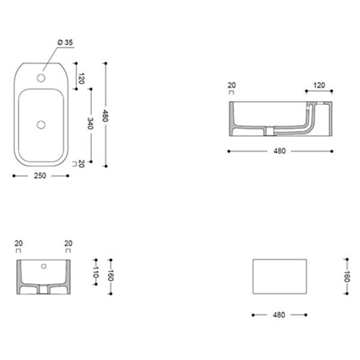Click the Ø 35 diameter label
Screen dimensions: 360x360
pos(65,42)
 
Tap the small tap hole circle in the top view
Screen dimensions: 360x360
pos(41,77)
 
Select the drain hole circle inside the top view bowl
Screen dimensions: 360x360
pos(41,124)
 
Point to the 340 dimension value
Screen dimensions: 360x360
pos(90,124)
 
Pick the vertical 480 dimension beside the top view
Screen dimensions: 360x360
pos(105,115)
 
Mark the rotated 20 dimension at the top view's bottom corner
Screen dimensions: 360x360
pos(81,163)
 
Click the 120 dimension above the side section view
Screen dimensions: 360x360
pos(319,85)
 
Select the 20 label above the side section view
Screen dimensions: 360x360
pos(232,85)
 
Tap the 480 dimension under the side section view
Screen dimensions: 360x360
pos(279,151)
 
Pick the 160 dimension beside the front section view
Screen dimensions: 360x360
pos(110,277)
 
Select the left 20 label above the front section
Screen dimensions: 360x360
pos(19,243)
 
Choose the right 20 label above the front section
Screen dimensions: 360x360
pos(68,243)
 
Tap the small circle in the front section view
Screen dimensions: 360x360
pos(43,265)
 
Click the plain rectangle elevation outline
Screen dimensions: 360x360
pos(279,277)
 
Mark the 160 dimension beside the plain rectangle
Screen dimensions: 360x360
pos(346,277)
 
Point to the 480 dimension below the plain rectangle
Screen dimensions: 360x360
pos(279,314)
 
